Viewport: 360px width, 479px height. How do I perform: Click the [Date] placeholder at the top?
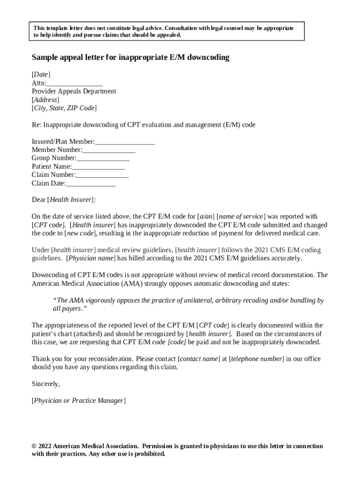tap(41, 74)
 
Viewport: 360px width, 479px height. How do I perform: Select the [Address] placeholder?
tap(45, 100)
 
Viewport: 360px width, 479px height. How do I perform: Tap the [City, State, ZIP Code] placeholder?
tap(64, 108)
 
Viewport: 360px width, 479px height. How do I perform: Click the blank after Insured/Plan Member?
tap(125, 141)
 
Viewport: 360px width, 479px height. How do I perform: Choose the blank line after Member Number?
tap(109, 150)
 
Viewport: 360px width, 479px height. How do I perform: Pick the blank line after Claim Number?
tap(102, 175)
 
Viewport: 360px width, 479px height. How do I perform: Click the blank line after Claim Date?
tap(91, 183)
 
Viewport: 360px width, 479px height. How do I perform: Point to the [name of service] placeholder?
tap(241, 217)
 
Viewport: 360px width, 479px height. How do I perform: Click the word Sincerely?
tap(46, 384)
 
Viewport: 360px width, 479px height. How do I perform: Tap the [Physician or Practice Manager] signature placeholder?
tap(79, 400)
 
